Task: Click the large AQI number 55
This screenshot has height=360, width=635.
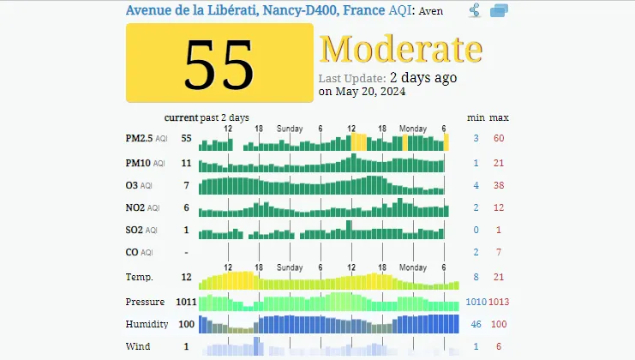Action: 219,64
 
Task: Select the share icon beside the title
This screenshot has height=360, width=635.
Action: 474,10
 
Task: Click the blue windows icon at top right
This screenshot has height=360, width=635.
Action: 499,10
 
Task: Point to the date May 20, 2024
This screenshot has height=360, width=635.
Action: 362,92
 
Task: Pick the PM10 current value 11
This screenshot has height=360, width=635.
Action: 186,162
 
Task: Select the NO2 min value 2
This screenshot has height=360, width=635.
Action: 476,207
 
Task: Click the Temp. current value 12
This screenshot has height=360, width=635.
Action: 186,277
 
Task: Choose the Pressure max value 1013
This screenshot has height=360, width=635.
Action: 499,302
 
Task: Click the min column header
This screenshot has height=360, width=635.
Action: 476,117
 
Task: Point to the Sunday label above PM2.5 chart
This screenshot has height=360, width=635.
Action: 290,129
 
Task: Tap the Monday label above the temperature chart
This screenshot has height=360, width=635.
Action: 413,267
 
